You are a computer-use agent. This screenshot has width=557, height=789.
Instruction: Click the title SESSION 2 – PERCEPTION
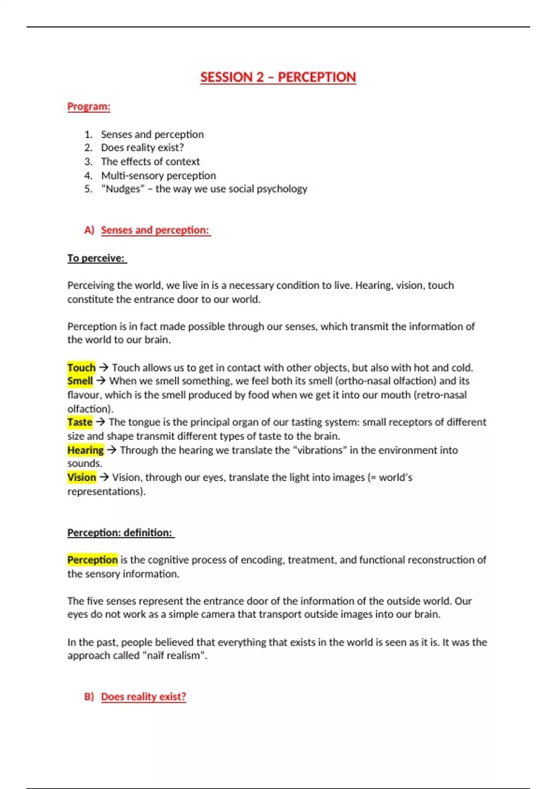(x=278, y=77)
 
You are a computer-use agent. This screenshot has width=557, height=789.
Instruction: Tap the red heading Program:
(x=89, y=106)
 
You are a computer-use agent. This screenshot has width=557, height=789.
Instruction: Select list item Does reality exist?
(x=142, y=148)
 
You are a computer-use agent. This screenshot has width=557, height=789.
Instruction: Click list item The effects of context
(x=150, y=162)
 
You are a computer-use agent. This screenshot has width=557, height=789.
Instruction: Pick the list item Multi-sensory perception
(x=158, y=175)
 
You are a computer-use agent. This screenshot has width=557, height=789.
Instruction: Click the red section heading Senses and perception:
(x=155, y=230)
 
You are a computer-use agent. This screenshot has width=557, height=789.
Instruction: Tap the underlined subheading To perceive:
(x=96, y=258)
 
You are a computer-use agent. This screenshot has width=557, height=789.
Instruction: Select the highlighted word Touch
(x=81, y=368)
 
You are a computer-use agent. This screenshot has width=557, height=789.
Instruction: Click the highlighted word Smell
(x=80, y=381)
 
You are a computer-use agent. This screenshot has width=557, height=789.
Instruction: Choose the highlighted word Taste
(x=80, y=422)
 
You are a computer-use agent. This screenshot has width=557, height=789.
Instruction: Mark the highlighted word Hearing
(x=85, y=450)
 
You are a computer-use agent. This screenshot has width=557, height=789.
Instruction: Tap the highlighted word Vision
(x=82, y=478)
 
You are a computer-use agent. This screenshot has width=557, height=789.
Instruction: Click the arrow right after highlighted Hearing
(x=111, y=450)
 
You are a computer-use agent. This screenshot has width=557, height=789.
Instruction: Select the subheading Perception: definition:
(x=120, y=533)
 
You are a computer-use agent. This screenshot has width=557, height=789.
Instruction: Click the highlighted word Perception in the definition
(x=92, y=560)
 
